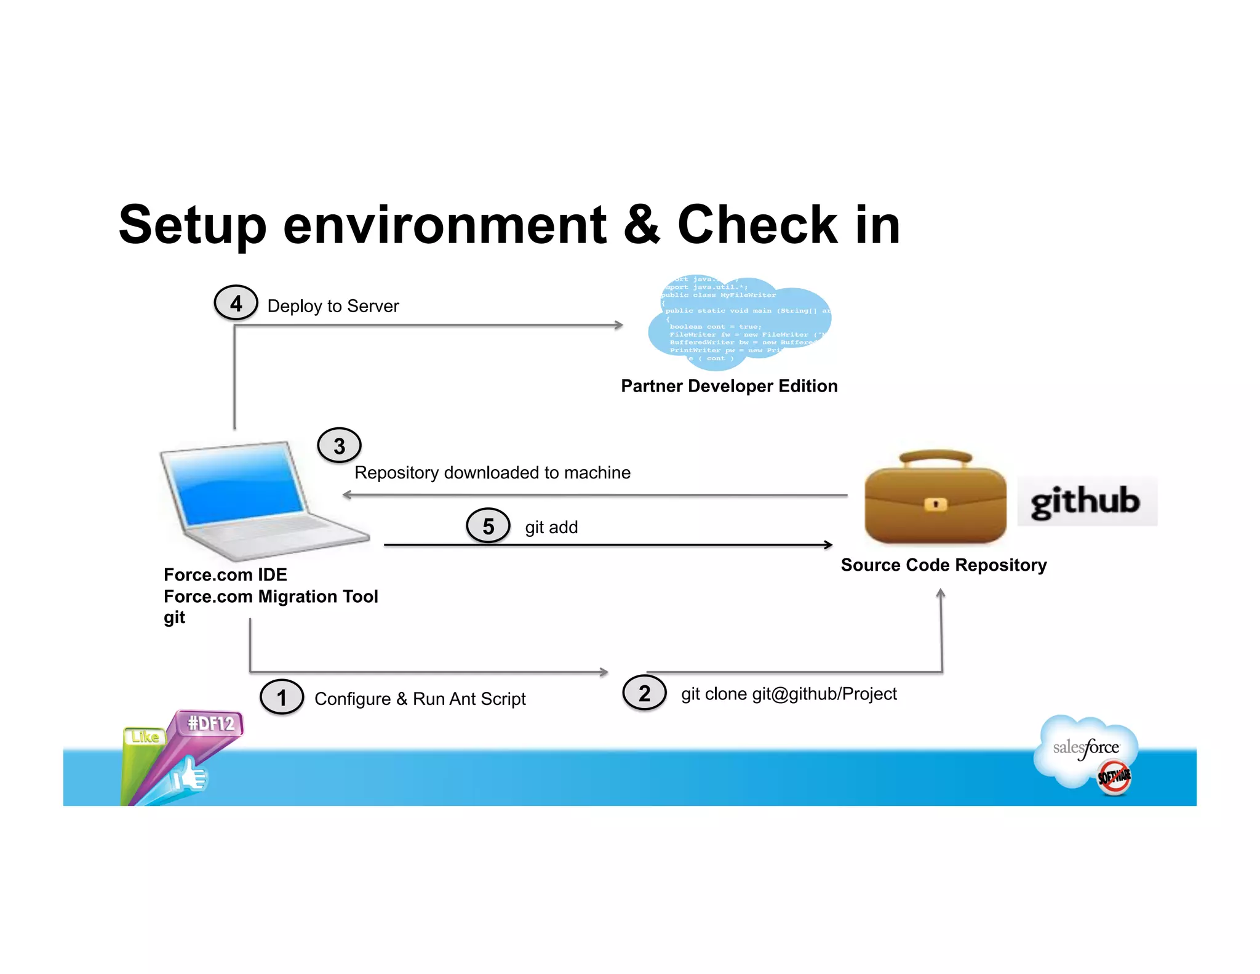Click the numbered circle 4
(x=236, y=303)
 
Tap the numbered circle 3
(x=339, y=445)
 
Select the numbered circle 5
(x=488, y=526)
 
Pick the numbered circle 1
(x=282, y=697)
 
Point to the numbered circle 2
(x=644, y=693)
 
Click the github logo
(x=1087, y=501)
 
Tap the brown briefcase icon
(x=935, y=499)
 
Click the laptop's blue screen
(x=237, y=483)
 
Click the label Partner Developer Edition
(x=729, y=386)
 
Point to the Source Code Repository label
(x=943, y=565)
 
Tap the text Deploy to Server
(x=333, y=306)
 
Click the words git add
(x=551, y=528)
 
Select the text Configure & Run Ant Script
(x=420, y=699)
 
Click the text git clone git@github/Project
(x=788, y=694)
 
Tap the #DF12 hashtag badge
(x=210, y=723)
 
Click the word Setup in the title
(x=193, y=225)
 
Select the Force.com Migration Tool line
(x=271, y=596)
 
